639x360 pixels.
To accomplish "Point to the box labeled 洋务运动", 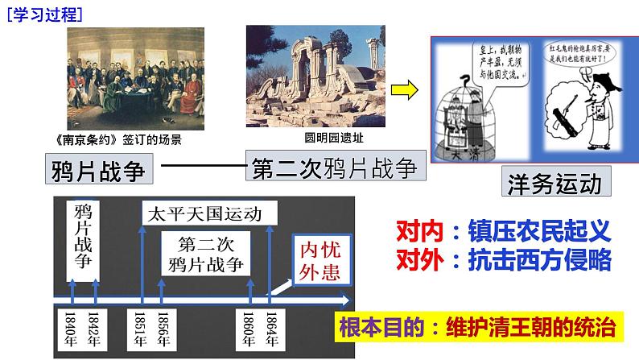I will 555,183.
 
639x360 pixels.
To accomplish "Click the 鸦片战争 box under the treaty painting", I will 102,171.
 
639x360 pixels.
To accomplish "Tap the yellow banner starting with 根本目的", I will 479,328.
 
